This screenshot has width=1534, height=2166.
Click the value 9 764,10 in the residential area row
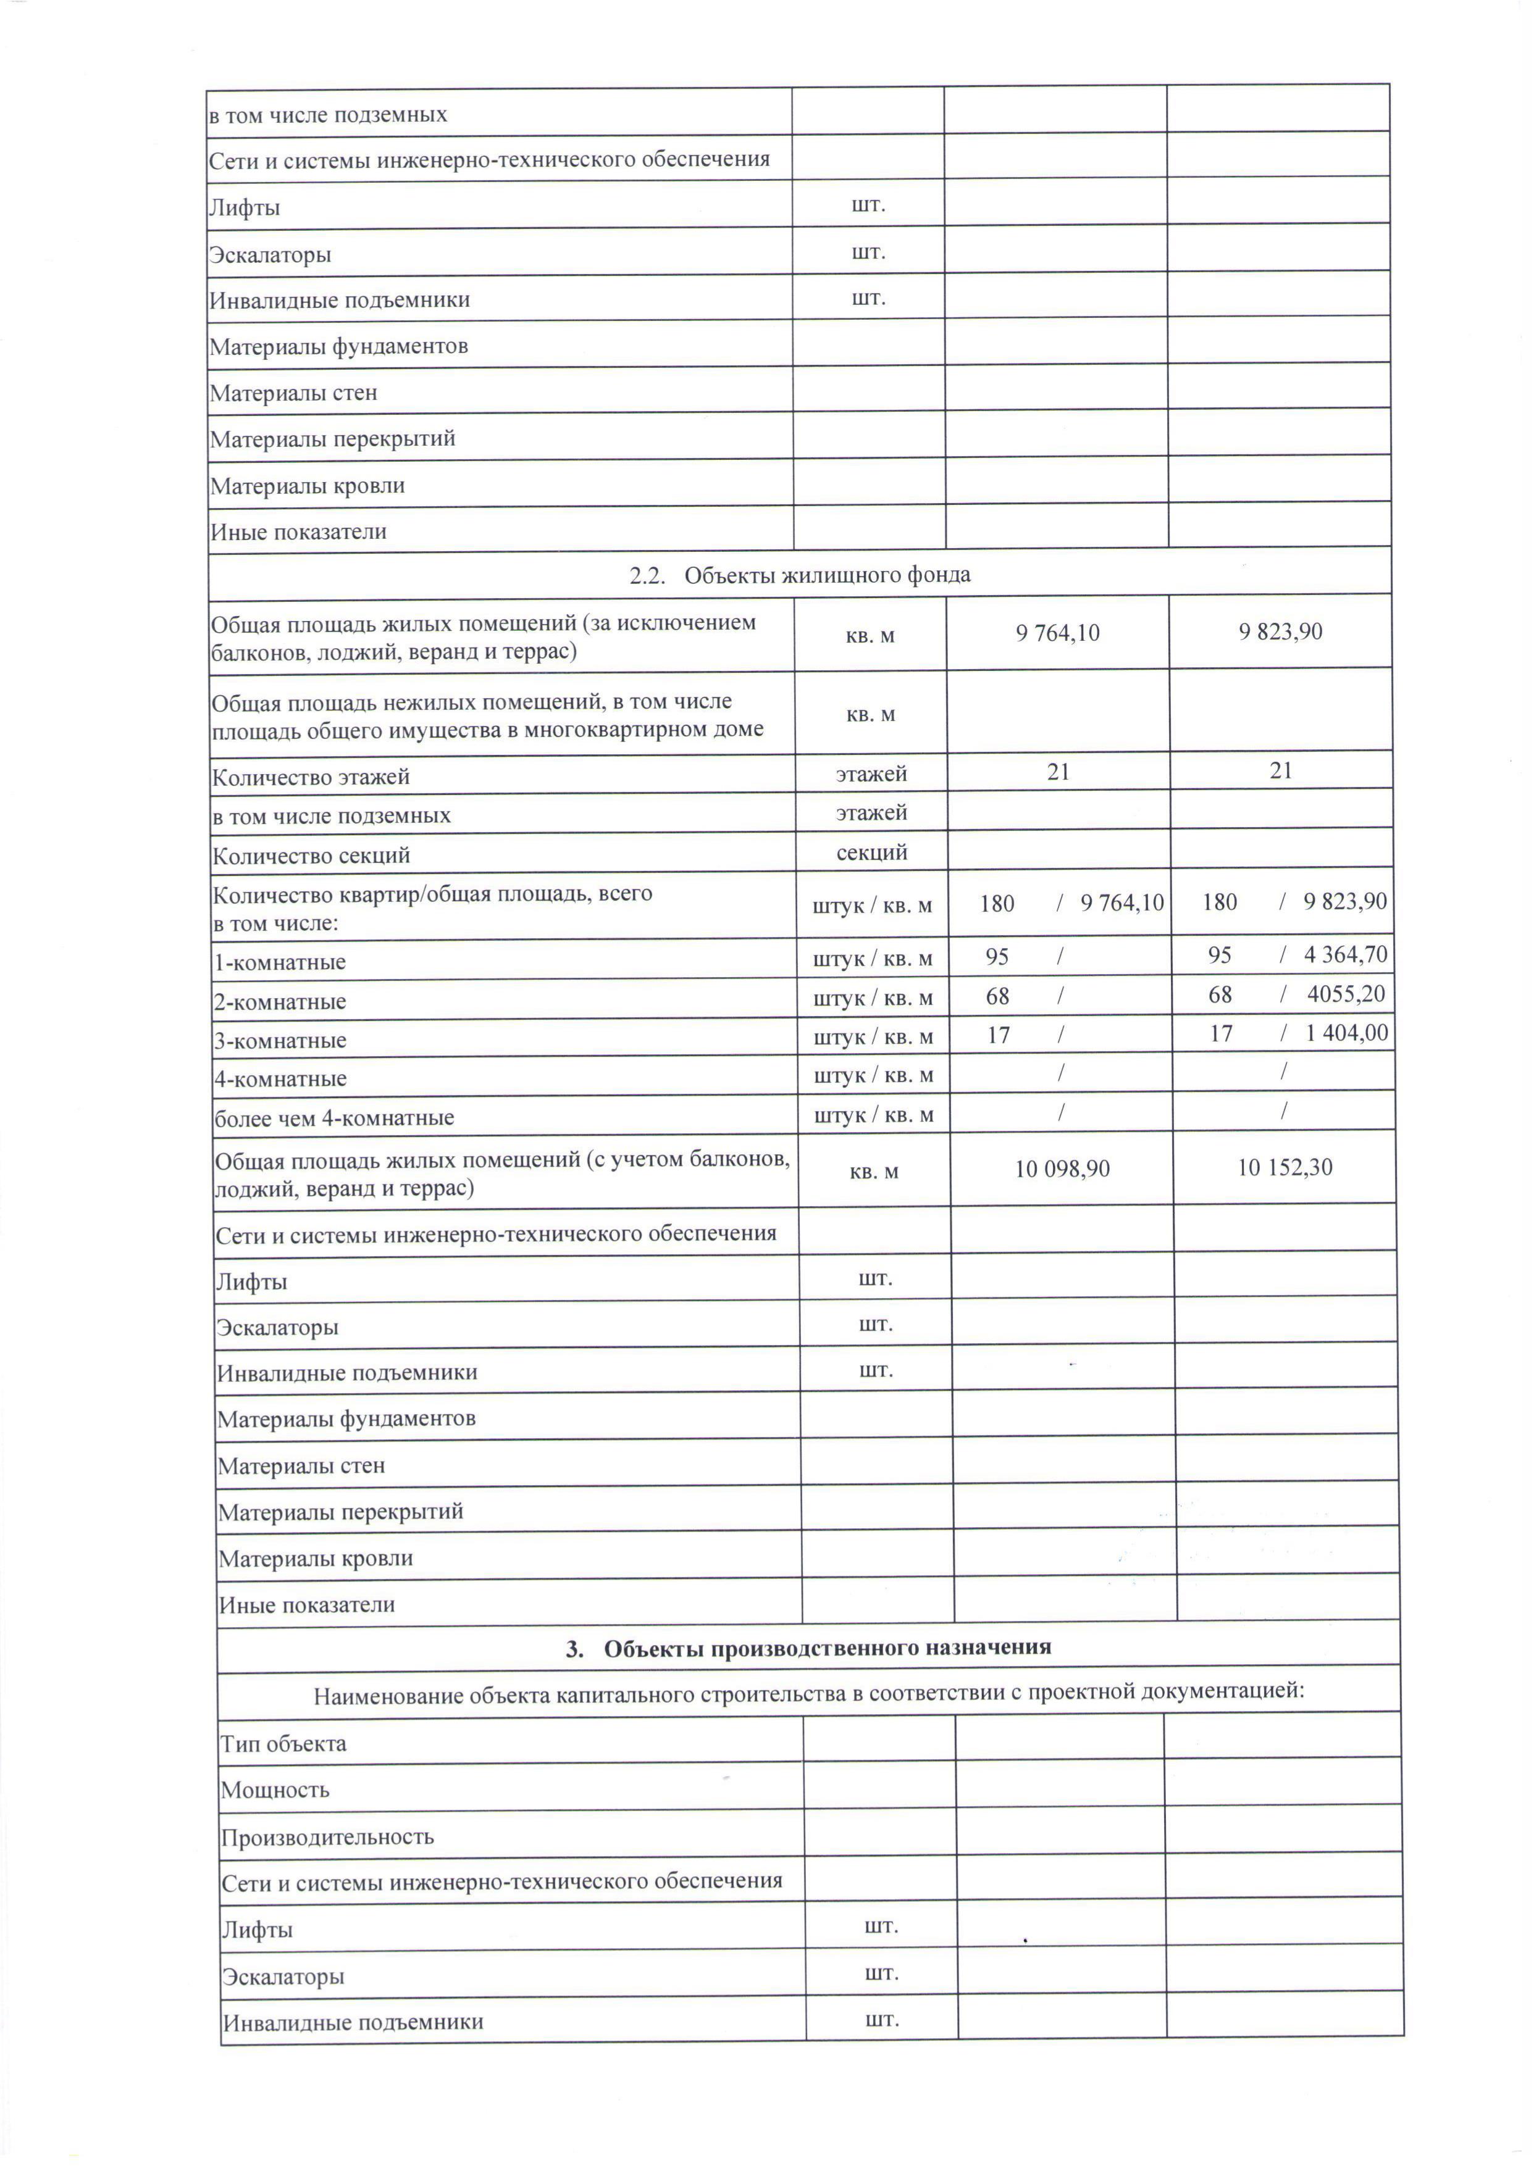pyautogui.click(x=1057, y=633)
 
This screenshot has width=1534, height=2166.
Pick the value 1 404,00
pyautogui.click(x=1346, y=1033)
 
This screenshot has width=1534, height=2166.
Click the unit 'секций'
pyautogui.click(x=872, y=852)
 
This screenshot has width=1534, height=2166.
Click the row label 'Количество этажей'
pyautogui.click(x=311, y=777)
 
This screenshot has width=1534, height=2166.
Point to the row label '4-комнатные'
pyautogui.click(x=280, y=1078)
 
